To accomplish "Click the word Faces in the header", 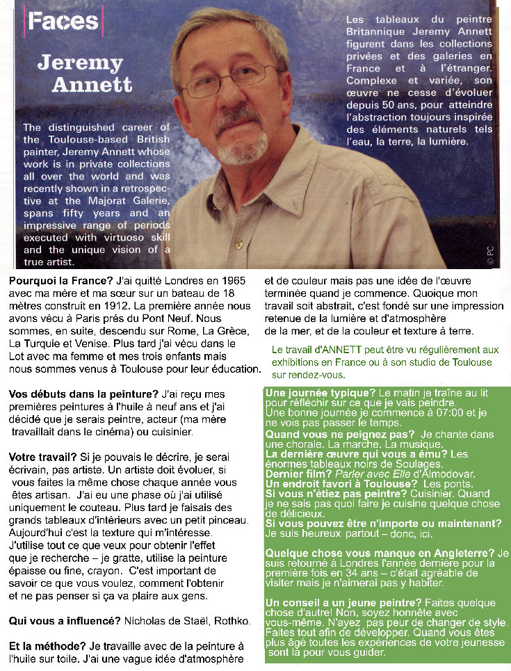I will tap(63, 21).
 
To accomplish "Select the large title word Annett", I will tap(92, 85).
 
